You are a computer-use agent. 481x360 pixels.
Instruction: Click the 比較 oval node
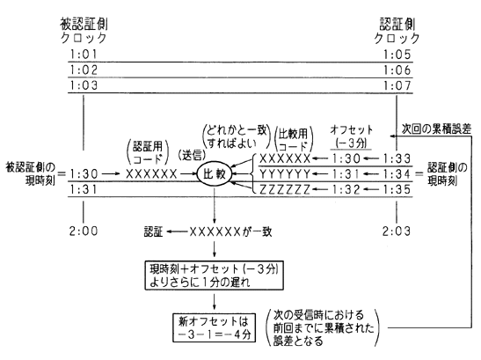(215, 174)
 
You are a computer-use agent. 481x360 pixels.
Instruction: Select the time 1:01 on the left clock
(84, 55)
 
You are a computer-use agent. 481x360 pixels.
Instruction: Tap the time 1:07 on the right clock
(397, 85)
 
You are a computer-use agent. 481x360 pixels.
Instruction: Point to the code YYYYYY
(285, 174)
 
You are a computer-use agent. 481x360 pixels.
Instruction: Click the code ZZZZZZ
(285, 189)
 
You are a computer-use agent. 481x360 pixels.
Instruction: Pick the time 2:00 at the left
(84, 231)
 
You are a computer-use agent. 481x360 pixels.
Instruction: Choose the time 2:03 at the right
(397, 231)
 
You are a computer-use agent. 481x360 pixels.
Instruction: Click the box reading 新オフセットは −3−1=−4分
(214, 327)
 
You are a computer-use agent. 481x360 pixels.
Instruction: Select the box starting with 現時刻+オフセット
(214, 276)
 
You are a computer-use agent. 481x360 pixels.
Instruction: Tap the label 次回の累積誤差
(436, 129)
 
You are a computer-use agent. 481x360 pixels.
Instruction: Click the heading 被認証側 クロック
(84, 31)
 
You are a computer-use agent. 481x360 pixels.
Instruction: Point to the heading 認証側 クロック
(397, 31)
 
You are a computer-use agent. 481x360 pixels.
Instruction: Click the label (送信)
(192, 156)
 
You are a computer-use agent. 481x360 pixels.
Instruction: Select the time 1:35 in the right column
(397, 189)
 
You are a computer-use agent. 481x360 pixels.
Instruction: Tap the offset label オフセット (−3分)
(351, 136)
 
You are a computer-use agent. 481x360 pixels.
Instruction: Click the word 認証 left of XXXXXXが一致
(153, 231)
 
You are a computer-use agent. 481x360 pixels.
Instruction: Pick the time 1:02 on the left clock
(84, 70)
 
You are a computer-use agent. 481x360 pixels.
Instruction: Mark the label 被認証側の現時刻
(31, 174)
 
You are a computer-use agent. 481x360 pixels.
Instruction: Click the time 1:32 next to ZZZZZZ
(346, 189)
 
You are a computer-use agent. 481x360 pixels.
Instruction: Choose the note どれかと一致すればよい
(237, 136)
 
